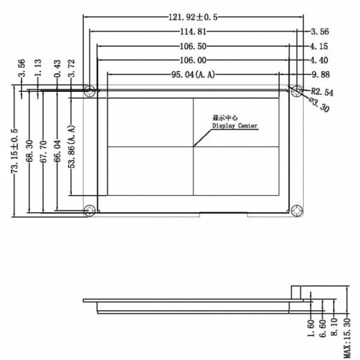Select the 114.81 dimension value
point(193,31)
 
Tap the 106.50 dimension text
point(193,46)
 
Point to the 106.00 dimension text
point(193,60)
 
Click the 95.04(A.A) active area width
point(193,74)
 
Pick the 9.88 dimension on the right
point(320,74)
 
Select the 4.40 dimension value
point(320,60)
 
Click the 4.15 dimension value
point(320,46)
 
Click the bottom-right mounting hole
point(296,210)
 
